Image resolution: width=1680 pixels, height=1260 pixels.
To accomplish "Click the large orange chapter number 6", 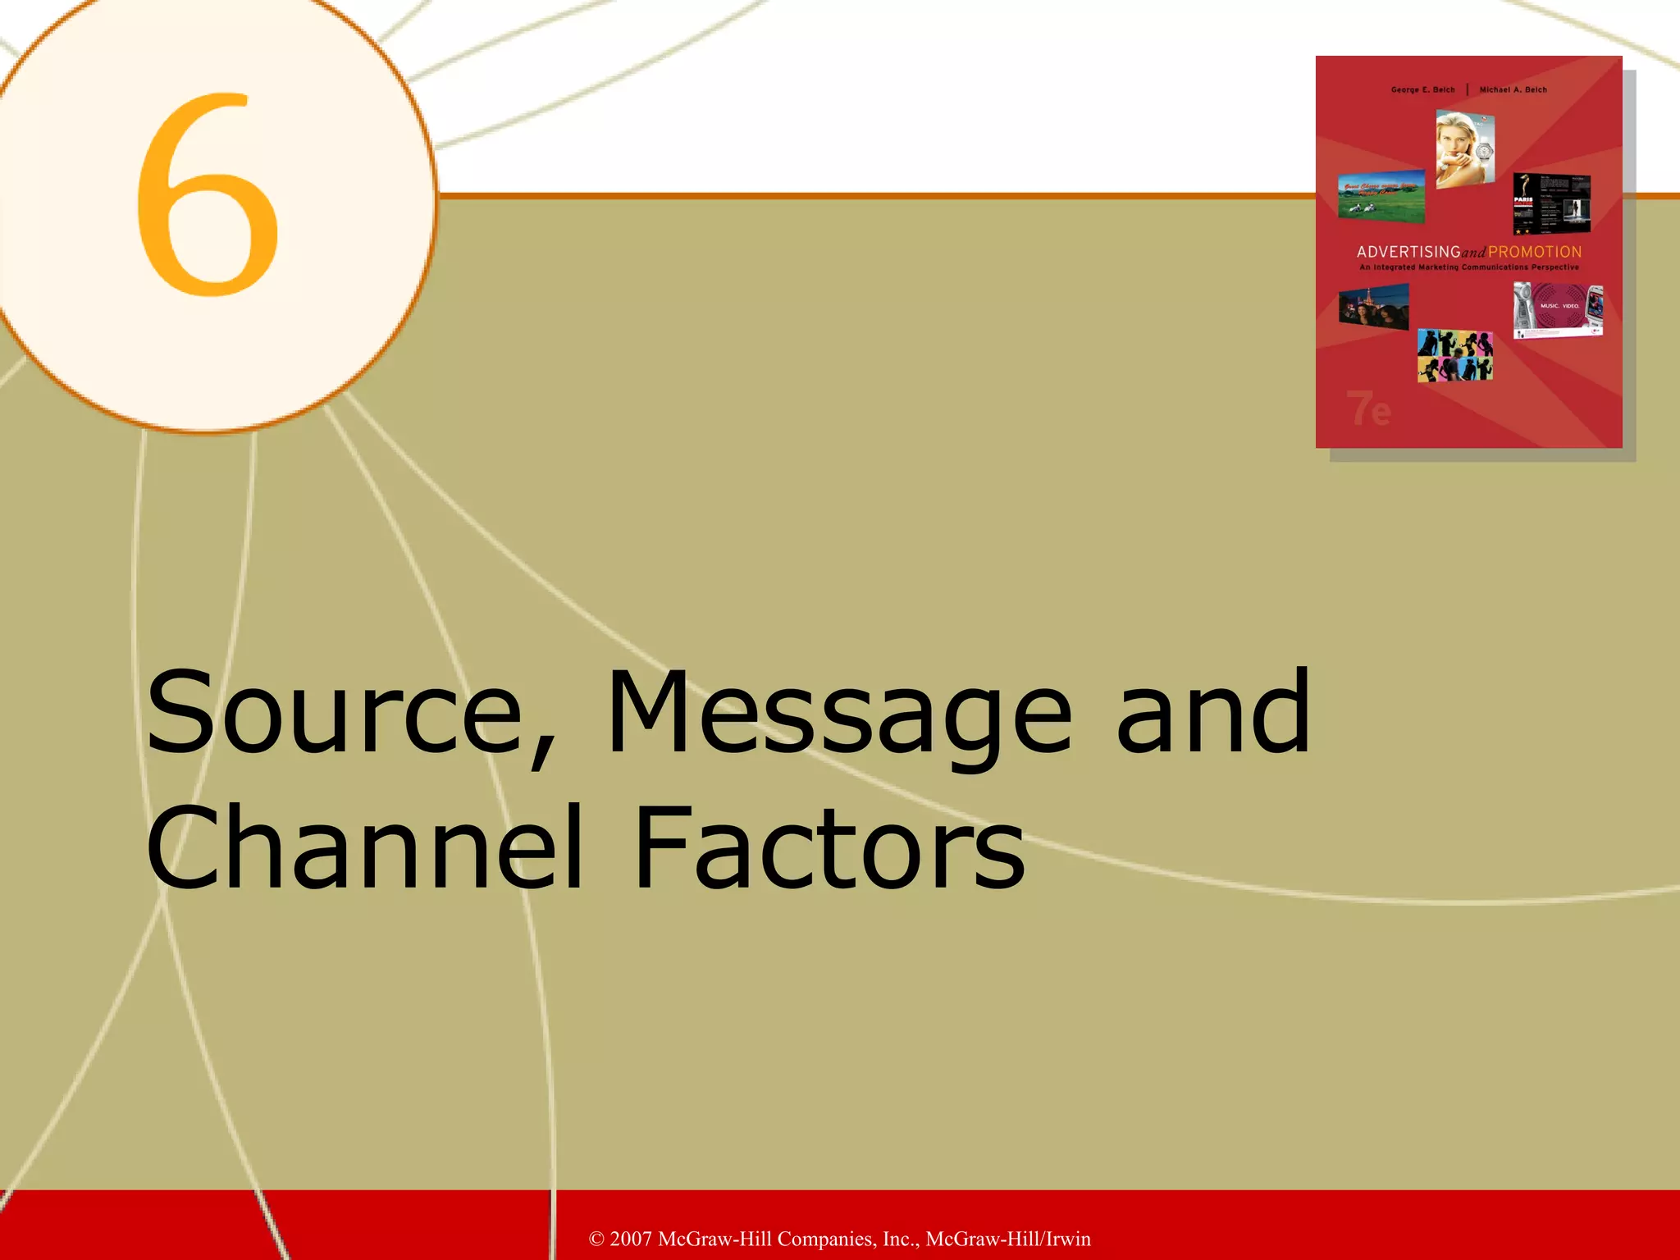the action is (x=207, y=194).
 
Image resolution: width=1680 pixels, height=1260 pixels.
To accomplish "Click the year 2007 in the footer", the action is (x=631, y=1239).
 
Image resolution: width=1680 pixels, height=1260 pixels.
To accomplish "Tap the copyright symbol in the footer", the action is (x=596, y=1239).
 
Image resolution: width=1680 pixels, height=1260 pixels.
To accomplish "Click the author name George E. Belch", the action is (x=1422, y=89).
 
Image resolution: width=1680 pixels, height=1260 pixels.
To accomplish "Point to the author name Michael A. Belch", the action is (x=1513, y=89).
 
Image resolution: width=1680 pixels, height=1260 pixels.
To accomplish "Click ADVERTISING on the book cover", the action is (x=1408, y=252).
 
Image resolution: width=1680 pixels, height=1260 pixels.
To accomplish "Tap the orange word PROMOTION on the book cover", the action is (x=1535, y=252).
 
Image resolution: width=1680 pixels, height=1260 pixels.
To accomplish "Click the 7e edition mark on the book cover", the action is (x=1368, y=408).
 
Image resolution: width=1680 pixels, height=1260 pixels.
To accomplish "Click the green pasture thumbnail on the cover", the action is (x=1381, y=195).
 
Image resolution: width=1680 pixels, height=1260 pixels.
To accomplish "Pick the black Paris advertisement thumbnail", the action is (x=1551, y=203).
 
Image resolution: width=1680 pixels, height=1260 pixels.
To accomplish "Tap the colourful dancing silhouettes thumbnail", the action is (x=1455, y=355).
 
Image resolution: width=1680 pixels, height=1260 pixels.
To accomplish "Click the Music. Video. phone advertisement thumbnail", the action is (x=1558, y=310).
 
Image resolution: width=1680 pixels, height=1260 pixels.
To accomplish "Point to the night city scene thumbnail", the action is (x=1373, y=307).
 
